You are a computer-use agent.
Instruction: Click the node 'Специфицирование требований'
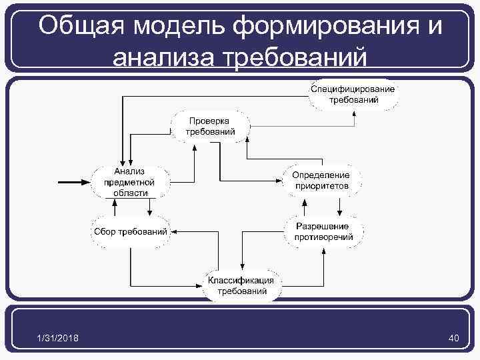tap(353, 95)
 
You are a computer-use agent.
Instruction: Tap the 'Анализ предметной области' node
tap(130, 181)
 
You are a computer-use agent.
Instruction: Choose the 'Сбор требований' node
tap(130, 232)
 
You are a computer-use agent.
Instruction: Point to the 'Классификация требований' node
tap(241, 285)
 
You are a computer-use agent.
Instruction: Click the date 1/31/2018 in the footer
tap(58, 339)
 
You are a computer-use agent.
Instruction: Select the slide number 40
tap(454, 339)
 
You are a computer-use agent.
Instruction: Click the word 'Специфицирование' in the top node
tap(353, 89)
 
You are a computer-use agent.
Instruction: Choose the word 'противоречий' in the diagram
tap(325, 237)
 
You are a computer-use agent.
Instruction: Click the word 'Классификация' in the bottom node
tap(241, 280)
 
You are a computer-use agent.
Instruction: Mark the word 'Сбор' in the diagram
tap(104, 232)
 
